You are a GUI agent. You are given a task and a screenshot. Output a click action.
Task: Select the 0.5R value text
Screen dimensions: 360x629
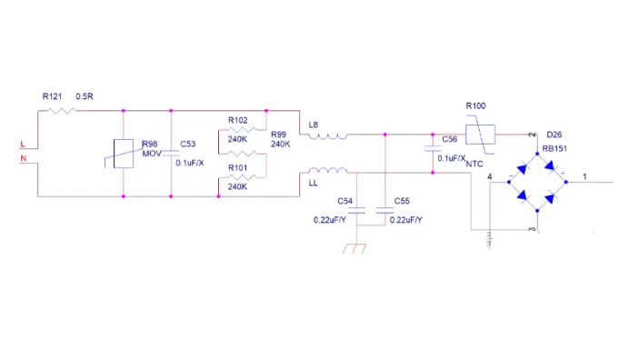pyautogui.click(x=85, y=95)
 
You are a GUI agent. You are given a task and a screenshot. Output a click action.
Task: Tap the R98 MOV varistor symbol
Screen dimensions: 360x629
pyautogui.click(x=124, y=153)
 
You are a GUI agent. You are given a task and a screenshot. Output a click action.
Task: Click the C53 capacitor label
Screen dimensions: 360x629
pyautogui.click(x=188, y=144)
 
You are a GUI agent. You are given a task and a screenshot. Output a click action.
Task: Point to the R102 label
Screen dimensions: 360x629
pyautogui.click(x=238, y=119)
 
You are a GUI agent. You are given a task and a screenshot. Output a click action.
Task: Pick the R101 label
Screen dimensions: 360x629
pyautogui.click(x=238, y=167)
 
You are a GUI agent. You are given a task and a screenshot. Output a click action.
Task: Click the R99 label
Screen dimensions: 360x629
pyautogui.click(x=279, y=134)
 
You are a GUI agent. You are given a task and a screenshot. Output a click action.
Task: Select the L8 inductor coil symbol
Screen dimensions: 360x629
pyautogui.click(x=326, y=136)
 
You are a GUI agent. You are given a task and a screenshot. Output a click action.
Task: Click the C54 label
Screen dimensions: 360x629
pyautogui.click(x=344, y=200)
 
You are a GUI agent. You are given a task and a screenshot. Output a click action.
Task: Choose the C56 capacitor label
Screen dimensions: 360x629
pyautogui.click(x=450, y=140)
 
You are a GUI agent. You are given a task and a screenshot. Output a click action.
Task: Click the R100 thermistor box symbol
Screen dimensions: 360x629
pyautogui.click(x=479, y=135)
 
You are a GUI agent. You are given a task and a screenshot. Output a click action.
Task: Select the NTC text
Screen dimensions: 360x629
pyautogui.click(x=474, y=165)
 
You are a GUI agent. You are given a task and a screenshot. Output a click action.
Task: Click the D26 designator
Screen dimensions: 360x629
pyautogui.click(x=554, y=132)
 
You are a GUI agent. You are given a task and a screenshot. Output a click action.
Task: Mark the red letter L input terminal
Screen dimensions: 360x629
pyautogui.click(x=23, y=144)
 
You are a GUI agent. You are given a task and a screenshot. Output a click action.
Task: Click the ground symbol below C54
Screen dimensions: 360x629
pyautogui.click(x=355, y=245)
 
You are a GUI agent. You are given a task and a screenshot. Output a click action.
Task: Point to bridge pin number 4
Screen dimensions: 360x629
pyautogui.click(x=490, y=176)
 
